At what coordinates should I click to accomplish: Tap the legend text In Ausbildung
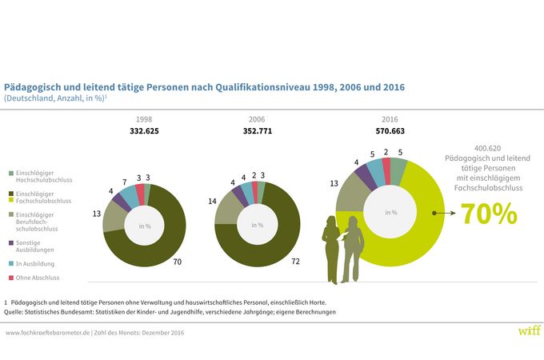click(x=36, y=262)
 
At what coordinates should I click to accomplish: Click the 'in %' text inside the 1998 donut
click(x=144, y=226)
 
